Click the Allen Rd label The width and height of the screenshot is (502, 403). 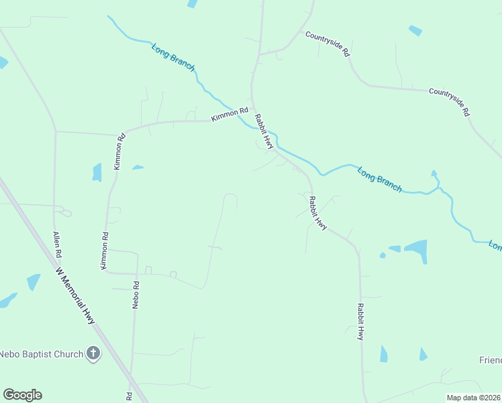click(x=58, y=245)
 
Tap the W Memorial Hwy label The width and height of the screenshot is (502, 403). click(x=75, y=296)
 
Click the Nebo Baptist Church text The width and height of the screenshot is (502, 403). click(x=42, y=354)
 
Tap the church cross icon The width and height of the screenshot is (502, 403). click(x=93, y=354)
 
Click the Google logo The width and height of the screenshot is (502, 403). click(x=22, y=395)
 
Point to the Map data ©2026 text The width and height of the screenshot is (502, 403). click(x=473, y=398)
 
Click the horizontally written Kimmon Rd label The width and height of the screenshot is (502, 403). click(x=230, y=115)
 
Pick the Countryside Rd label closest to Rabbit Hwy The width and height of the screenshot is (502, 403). click(x=328, y=43)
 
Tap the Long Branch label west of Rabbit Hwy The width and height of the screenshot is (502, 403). click(x=173, y=58)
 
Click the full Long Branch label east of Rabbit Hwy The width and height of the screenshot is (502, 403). click(x=379, y=179)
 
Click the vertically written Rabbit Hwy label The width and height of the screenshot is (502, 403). click(x=360, y=324)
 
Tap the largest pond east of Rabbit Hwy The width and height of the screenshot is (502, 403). click(x=416, y=251)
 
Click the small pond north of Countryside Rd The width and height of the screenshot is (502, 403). click(x=415, y=30)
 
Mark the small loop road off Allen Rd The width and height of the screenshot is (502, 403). click(x=66, y=213)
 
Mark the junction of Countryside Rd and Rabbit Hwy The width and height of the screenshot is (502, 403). click(x=260, y=53)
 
